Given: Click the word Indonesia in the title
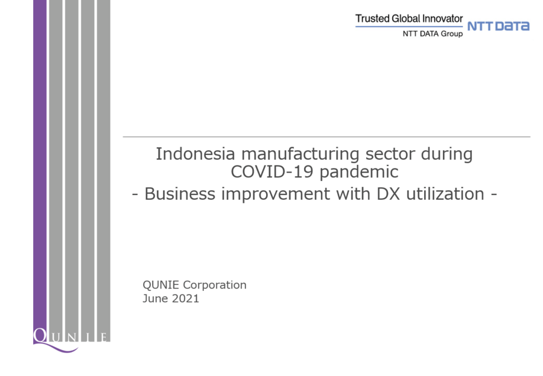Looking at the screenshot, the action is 195,153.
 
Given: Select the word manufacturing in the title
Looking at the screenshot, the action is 300,155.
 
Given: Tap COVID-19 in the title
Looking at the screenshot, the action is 272,171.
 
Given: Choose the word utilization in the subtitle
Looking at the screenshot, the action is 445,193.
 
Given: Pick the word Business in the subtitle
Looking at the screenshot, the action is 180,194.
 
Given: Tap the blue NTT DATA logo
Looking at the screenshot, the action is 498,26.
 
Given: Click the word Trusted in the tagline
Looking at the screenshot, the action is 373,19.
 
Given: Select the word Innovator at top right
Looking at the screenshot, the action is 446,19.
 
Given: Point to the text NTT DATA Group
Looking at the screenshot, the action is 433,34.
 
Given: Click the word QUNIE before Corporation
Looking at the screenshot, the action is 161,285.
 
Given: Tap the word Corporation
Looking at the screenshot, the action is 215,285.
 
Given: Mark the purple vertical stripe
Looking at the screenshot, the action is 40,167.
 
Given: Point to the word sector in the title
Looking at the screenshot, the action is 390,155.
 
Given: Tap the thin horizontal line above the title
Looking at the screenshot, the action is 326,137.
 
